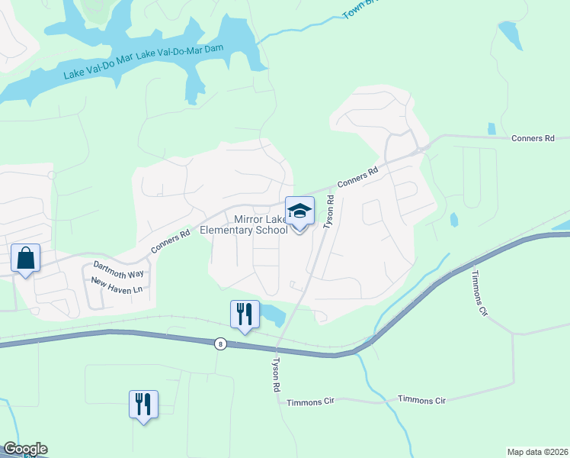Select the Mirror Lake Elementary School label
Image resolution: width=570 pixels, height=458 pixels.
pyautogui.click(x=244, y=225)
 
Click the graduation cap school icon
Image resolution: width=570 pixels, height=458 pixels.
pyautogui.click(x=300, y=211)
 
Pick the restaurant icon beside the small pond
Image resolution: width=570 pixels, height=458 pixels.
pyautogui.click(x=244, y=314)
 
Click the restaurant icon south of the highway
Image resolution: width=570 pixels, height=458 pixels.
pyautogui.click(x=143, y=404)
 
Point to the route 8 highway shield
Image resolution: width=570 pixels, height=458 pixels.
pyautogui.click(x=221, y=344)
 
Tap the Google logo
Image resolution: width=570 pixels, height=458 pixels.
pyautogui.click(x=24, y=449)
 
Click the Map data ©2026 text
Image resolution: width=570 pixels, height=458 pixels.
pyautogui.click(x=536, y=452)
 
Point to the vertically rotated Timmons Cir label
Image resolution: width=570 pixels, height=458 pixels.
pyautogui.click(x=479, y=293)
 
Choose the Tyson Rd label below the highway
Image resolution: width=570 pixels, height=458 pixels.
pyautogui.click(x=276, y=375)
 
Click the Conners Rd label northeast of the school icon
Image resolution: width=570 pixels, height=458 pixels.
pyautogui.click(x=357, y=178)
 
